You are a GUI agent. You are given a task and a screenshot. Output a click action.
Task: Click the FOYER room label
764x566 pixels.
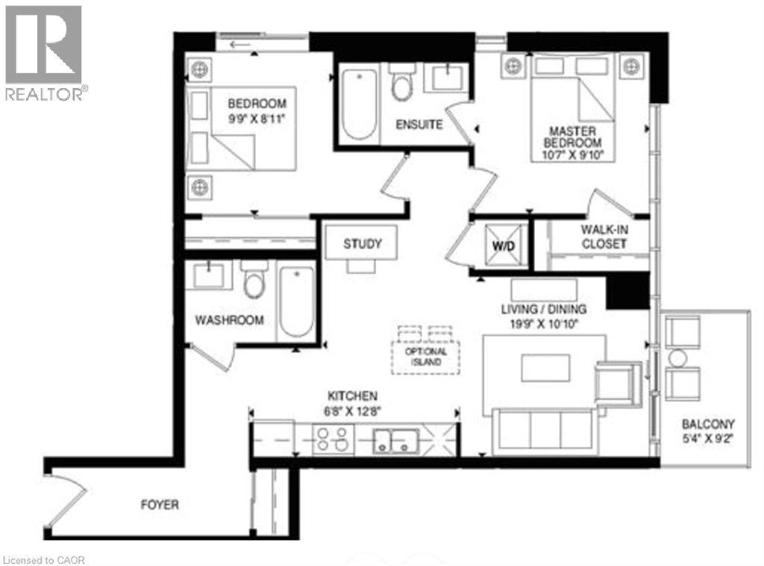160,505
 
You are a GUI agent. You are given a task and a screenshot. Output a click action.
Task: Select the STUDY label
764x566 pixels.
363,244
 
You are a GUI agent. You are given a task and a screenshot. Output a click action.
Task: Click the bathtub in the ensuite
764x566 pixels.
359,104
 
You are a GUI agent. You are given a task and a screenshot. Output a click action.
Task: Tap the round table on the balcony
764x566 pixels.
677,358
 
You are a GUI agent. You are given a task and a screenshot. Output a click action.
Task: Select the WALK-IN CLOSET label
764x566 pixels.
604,238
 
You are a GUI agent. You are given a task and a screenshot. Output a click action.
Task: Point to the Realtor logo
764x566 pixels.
43,52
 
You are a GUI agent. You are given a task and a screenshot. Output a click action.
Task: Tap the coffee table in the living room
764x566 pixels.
545,368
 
